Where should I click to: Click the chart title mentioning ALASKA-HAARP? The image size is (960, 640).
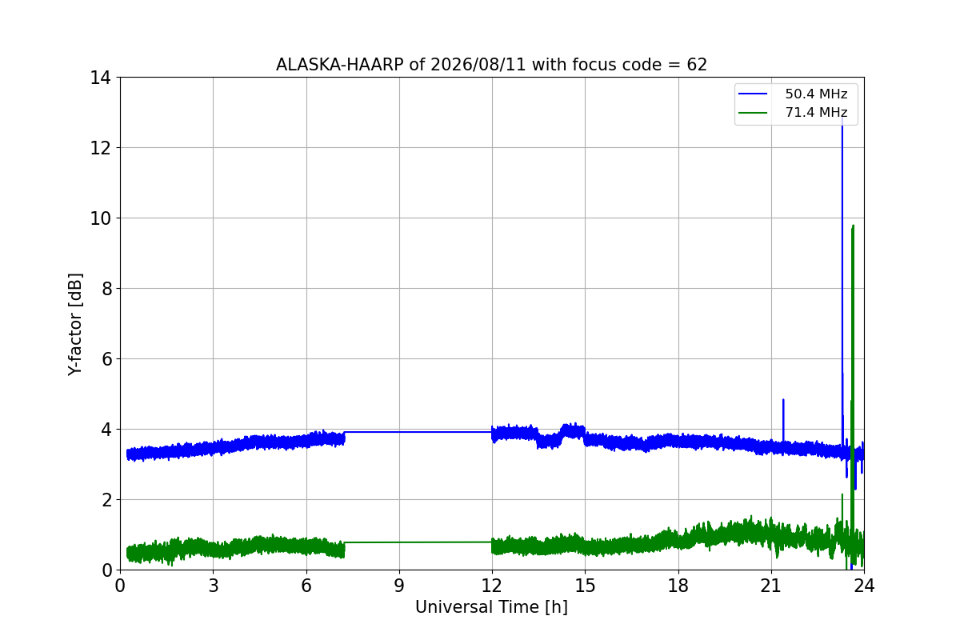click(491, 65)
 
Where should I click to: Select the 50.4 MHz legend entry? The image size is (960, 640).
click(793, 94)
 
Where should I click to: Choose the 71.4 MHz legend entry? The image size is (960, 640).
click(793, 112)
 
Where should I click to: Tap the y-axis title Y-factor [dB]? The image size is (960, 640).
click(75, 325)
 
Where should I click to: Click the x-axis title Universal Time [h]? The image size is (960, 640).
click(491, 607)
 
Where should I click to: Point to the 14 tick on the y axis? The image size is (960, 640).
click(100, 78)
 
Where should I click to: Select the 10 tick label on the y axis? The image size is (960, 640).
click(100, 218)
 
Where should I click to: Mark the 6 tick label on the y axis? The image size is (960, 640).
click(106, 359)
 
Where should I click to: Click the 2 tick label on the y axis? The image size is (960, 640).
click(106, 500)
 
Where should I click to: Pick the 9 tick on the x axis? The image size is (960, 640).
click(399, 586)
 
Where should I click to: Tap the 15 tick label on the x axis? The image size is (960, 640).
click(586, 586)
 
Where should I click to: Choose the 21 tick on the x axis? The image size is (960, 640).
click(771, 586)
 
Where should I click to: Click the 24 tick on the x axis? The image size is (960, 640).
click(864, 586)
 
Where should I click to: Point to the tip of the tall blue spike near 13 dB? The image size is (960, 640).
click(842, 117)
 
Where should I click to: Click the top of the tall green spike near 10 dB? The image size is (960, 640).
click(853, 226)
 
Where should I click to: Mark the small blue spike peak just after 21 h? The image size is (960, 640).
click(783, 399)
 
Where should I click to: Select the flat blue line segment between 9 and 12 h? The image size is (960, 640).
click(418, 432)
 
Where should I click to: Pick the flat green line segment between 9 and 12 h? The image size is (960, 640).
click(418, 542)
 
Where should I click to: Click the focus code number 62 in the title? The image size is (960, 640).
click(697, 65)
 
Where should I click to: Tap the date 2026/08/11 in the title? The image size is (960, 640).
click(478, 65)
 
